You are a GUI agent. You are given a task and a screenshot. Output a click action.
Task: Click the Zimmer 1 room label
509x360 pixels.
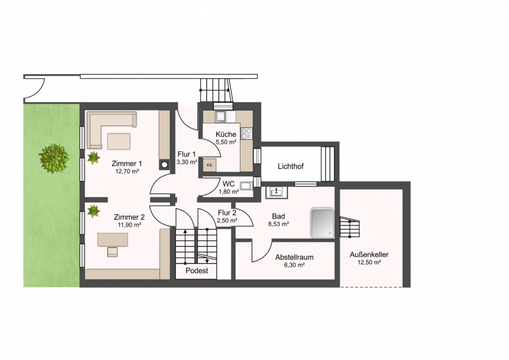(x=127, y=164)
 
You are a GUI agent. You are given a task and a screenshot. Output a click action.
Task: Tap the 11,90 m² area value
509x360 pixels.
(x=129, y=225)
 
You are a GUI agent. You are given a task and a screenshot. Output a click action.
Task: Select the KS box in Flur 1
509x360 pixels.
(x=209, y=165)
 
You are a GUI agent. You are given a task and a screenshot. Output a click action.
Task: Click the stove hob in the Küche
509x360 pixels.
(x=247, y=133)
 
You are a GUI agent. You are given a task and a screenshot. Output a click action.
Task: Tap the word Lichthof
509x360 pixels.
(x=291, y=166)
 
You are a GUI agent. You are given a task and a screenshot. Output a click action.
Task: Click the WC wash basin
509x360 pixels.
(x=246, y=186)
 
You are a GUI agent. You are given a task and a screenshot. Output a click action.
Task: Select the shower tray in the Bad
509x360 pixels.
(x=322, y=223)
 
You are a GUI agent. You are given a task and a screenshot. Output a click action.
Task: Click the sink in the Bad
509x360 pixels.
(x=276, y=192)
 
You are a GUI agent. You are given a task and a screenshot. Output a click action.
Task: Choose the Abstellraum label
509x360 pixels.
(x=295, y=258)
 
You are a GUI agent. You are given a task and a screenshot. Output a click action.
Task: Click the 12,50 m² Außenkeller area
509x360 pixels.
(x=369, y=263)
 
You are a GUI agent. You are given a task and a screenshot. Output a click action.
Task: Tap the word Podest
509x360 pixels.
(x=197, y=271)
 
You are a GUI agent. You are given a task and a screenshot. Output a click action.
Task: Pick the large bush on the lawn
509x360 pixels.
(x=54, y=158)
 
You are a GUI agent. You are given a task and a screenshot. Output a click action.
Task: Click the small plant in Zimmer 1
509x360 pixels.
(x=93, y=157)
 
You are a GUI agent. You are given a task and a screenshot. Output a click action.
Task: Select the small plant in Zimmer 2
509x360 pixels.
(x=93, y=211)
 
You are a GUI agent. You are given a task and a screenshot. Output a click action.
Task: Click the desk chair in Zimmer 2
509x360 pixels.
(x=113, y=252)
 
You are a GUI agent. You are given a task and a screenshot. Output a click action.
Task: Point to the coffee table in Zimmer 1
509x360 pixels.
(x=119, y=142)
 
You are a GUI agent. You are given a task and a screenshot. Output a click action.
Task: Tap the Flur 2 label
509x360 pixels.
(x=227, y=213)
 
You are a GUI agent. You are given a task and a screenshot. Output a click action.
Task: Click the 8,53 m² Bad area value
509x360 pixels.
(x=278, y=224)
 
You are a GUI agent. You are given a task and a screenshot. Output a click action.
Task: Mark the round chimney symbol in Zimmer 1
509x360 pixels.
(x=165, y=164)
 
